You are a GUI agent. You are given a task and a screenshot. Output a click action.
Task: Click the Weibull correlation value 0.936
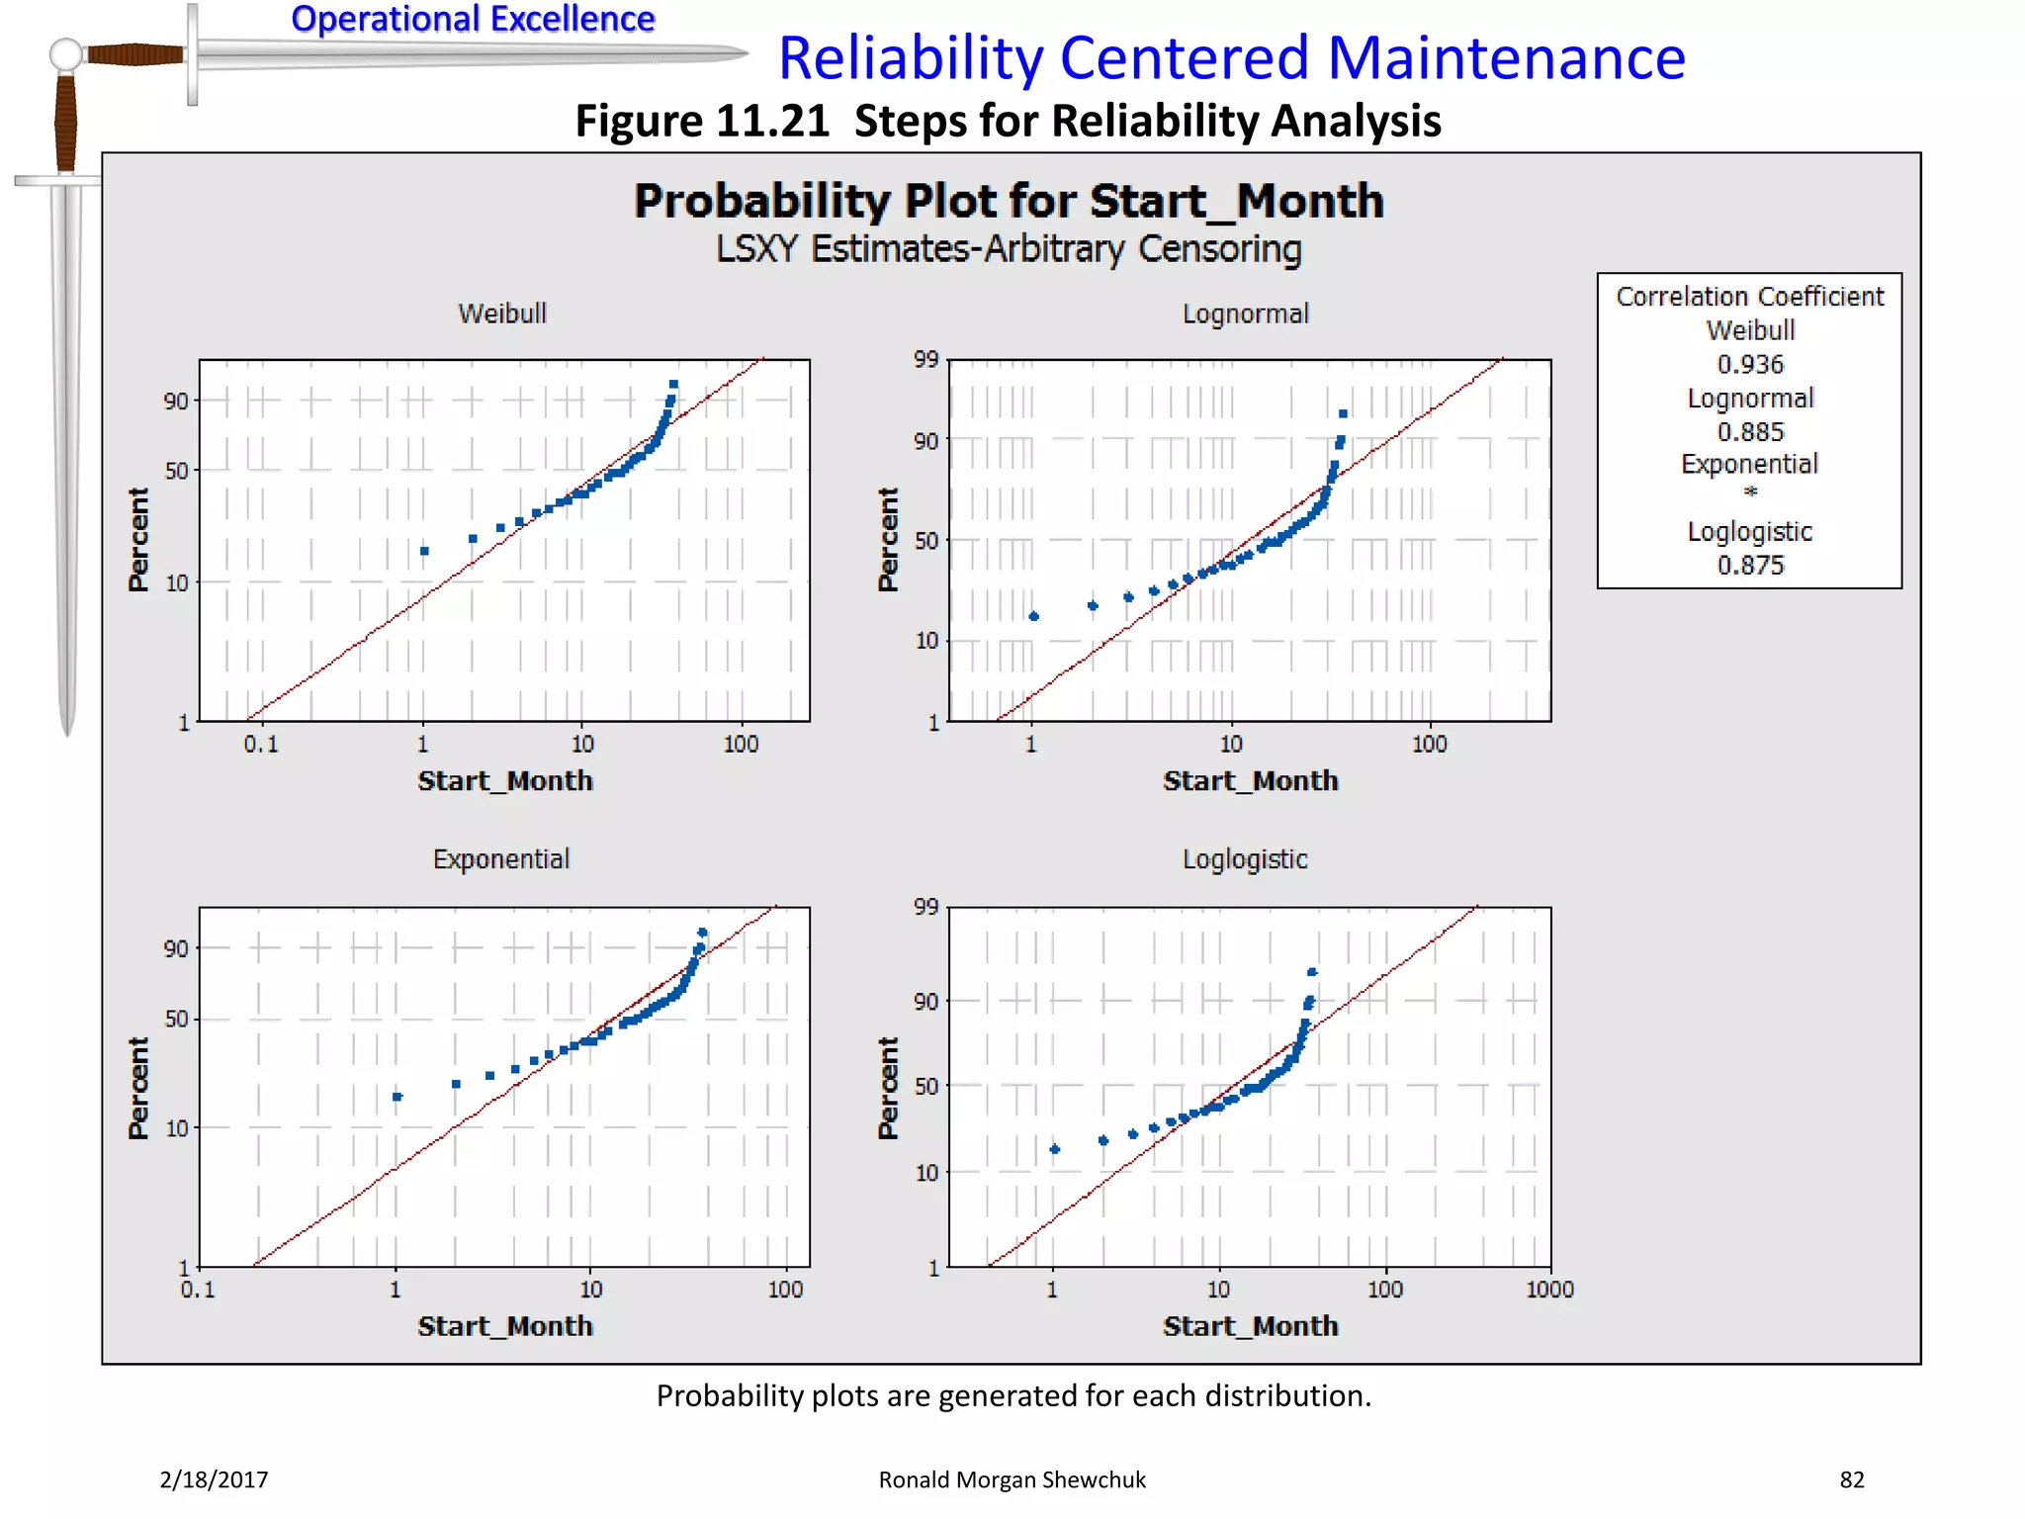[x=1749, y=364]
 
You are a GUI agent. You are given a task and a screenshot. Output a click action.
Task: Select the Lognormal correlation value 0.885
[x=1749, y=432]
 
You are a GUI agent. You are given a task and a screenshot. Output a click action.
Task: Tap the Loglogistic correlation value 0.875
[x=1749, y=566]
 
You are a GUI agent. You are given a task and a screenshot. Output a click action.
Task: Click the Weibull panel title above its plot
[x=501, y=313]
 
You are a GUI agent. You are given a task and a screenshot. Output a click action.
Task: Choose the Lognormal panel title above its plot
[x=1245, y=314]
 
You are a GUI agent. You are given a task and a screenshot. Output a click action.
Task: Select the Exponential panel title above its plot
[x=500, y=858]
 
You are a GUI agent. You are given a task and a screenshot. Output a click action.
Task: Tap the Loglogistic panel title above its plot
[x=1245, y=859]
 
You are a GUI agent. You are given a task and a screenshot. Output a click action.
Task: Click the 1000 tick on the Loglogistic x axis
[x=1548, y=1290]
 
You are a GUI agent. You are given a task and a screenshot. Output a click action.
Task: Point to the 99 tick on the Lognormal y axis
[x=925, y=359]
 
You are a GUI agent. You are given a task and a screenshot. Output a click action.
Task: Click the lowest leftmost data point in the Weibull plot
[x=424, y=551]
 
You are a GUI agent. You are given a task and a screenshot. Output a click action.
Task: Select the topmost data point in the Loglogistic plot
[x=1312, y=972]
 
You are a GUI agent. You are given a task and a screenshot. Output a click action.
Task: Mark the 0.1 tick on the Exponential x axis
[x=198, y=1290]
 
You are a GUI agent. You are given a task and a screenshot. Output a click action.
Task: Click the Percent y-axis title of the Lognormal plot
[x=888, y=540]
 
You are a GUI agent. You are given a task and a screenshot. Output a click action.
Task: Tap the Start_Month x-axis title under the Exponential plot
[x=504, y=1326]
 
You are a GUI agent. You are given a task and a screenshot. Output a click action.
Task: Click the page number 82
[x=1851, y=1479]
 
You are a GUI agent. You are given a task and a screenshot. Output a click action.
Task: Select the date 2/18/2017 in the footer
[x=214, y=1479]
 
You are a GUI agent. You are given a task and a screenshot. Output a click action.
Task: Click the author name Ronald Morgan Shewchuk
[x=1012, y=1479]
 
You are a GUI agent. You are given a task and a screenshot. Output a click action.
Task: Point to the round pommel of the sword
[x=66, y=54]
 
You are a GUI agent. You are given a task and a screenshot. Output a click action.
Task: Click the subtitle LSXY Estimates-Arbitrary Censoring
[x=1008, y=249]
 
